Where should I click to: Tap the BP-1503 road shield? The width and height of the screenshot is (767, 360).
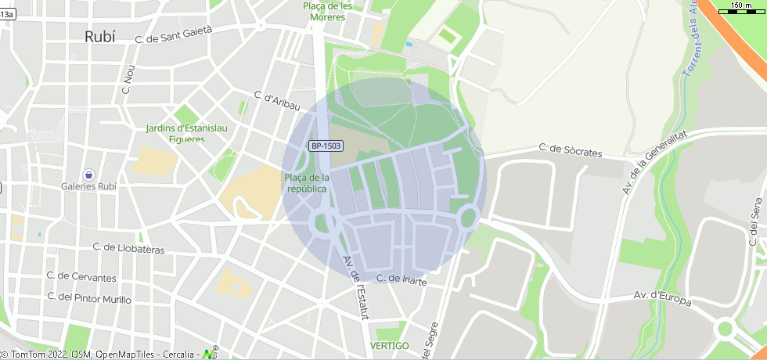pos(326,146)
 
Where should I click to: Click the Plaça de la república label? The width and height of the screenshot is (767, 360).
pos(308,183)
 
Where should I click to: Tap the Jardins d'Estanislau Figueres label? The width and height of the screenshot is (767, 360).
pos(175,134)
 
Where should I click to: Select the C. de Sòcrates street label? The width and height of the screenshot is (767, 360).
pos(571,150)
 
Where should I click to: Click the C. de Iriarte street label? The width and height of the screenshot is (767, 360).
pos(402,279)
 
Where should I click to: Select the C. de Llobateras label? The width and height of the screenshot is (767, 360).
pos(128,248)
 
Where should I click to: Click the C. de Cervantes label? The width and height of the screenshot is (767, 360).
pos(81,277)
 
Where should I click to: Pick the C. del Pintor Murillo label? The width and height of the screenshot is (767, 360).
pos(89,298)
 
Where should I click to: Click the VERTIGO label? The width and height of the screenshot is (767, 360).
pos(389,345)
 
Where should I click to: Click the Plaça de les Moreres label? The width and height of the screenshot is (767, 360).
pos(327,11)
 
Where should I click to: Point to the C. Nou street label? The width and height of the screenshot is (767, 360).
pos(128,79)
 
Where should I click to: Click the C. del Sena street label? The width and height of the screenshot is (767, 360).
pos(754,222)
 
